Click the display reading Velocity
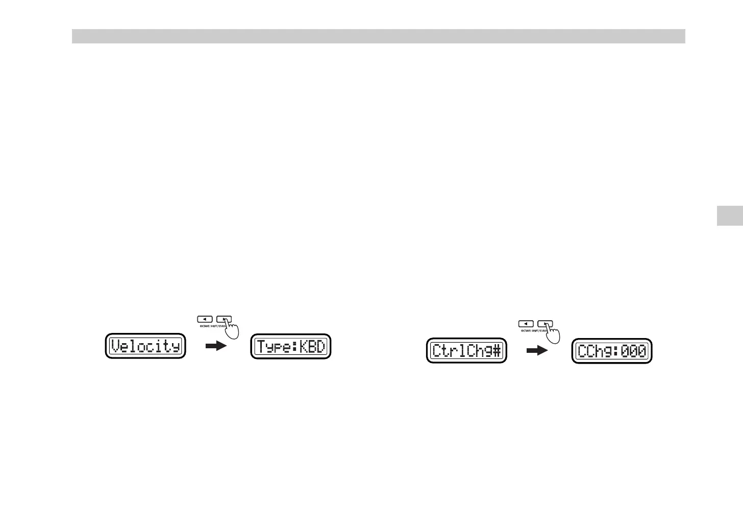click(x=145, y=346)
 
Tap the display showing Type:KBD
click(x=291, y=346)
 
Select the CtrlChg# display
click(x=466, y=351)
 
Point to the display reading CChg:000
click(x=612, y=351)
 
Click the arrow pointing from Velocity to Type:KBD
click(x=215, y=346)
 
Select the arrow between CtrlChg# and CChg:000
click(x=536, y=351)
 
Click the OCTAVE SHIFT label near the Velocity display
click(x=212, y=326)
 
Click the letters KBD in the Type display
click(x=312, y=346)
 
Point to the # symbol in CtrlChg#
click(x=497, y=351)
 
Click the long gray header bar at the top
click(x=378, y=36)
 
